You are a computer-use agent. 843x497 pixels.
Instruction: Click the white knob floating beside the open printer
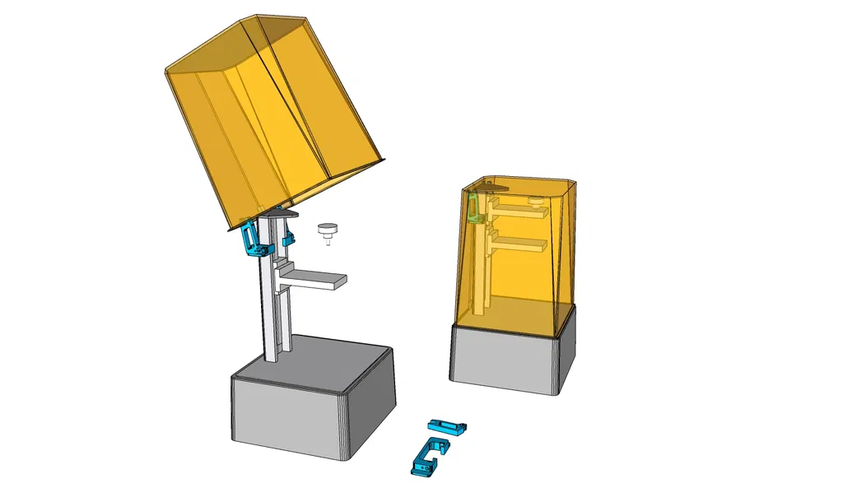coord(328,228)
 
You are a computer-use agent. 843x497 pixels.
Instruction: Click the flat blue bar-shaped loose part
coord(447,426)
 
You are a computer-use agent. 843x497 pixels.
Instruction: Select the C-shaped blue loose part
coord(428,457)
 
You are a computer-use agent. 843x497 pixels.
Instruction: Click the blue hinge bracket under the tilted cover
coord(251,239)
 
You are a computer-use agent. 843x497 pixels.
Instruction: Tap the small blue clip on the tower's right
coord(288,239)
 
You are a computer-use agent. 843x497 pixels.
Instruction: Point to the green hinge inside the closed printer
coord(473,208)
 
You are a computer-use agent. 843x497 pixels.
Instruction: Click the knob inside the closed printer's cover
coord(534,200)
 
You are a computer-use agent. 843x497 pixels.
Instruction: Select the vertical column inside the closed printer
coord(484,263)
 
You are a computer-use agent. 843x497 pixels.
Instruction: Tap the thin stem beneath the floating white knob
coord(328,239)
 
